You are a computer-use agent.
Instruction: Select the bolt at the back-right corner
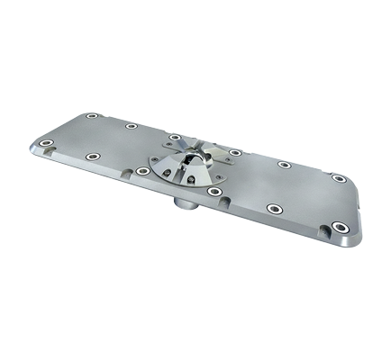pyautogui.click(x=339, y=178)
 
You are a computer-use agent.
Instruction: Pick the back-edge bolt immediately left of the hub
pyautogui.click(x=174, y=135)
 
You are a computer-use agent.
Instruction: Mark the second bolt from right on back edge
pyautogui.click(x=285, y=164)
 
